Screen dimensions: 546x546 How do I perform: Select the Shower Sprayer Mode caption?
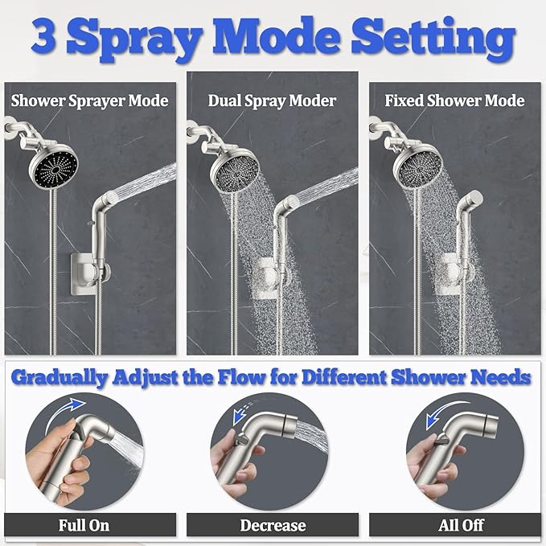coord(89,101)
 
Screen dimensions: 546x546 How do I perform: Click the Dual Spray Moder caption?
coord(272,101)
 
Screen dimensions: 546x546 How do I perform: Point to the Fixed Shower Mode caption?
coord(454,101)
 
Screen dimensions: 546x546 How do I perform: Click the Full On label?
coord(84,526)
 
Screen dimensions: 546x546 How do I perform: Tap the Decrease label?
coord(273,526)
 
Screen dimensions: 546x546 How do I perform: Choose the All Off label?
coord(461,526)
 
